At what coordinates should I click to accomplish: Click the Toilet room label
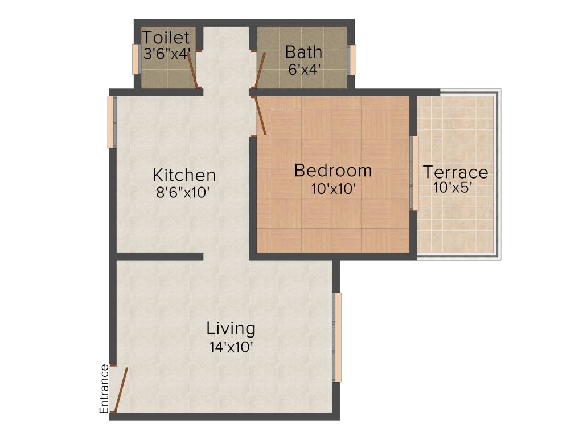point(165,38)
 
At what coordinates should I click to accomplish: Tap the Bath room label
point(303,52)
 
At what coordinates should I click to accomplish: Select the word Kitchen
point(184,175)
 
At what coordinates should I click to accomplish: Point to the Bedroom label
point(333,171)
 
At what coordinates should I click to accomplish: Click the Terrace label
point(455,172)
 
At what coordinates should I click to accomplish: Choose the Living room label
point(231,328)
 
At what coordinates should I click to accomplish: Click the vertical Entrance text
point(104,388)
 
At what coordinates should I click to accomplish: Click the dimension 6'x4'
point(303,70)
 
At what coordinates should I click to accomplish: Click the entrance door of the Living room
point(120,390)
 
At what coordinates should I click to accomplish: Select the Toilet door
point(193,70)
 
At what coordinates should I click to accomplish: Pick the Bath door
point(260,70)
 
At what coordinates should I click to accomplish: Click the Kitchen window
point(112,122)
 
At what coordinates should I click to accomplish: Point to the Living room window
point(337,337)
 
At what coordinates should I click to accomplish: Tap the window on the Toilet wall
point(136,59)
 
